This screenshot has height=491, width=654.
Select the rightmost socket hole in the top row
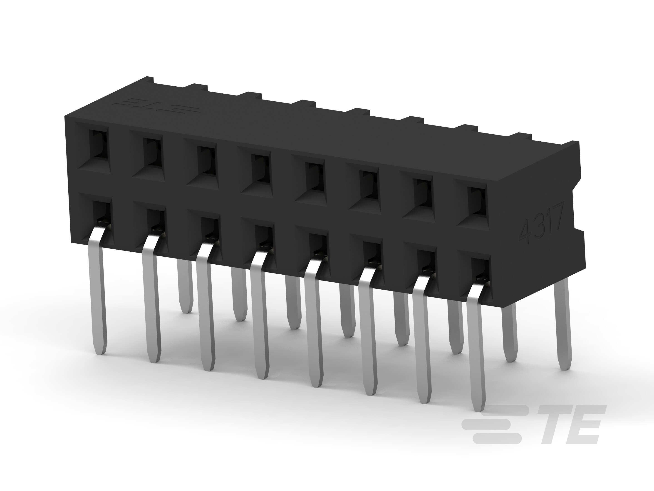477,201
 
